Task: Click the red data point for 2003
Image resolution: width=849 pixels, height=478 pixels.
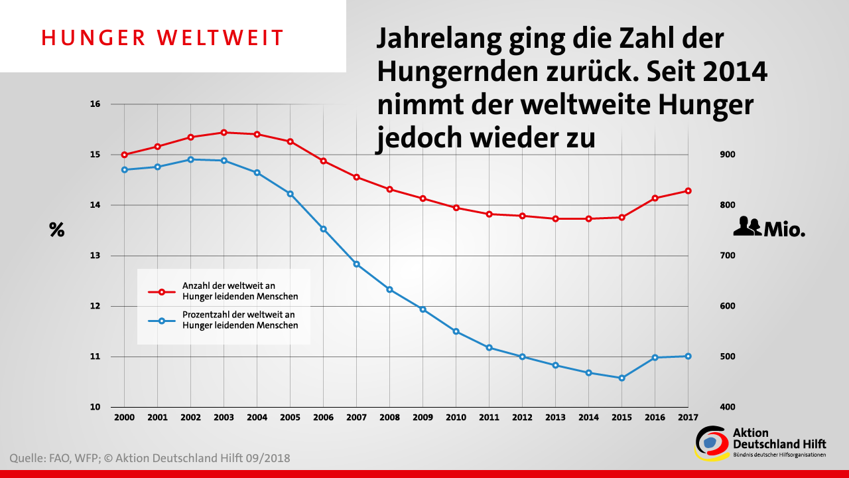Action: [224, 133]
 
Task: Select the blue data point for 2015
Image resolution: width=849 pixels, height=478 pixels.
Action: [621, 378]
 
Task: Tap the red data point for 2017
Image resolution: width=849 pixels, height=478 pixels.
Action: [688, 191]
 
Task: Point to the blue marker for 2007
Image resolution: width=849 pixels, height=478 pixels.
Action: [356, 264]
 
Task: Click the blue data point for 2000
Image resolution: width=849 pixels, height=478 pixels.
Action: [124, 170]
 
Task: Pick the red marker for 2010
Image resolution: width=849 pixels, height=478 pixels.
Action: [456, 208]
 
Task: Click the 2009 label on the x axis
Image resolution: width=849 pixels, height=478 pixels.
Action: [423, 418]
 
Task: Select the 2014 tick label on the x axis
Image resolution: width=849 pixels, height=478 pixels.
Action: [588, 418]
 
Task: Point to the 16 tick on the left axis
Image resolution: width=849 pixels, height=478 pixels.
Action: [95, 104]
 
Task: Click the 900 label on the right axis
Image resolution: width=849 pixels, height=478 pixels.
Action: [728, 155]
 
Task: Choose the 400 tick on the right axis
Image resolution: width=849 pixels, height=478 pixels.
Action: [728, 407]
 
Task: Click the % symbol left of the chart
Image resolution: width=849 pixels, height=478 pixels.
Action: [57, 230]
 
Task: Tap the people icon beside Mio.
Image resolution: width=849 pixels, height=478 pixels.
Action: [747, 226]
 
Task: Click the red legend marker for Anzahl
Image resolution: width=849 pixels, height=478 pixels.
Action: [161, 291]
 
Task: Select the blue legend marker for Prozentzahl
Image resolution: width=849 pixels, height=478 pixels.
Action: [161, 321]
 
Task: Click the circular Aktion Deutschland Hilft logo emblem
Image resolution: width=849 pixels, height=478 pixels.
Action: [710, 441]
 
